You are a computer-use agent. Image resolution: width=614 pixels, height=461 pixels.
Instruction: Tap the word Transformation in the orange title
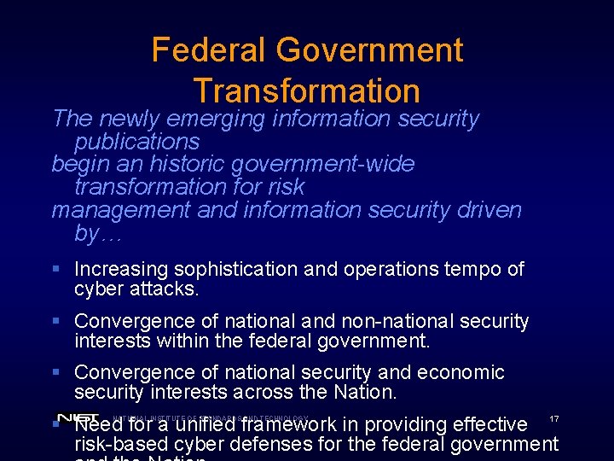pyautogui.click(x=307, y=90)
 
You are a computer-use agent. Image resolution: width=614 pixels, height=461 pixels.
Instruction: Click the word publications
pyautogui.click(x=136, y=141)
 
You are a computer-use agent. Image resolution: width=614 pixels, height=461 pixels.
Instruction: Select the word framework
pyautogui.click(x=290, y=424)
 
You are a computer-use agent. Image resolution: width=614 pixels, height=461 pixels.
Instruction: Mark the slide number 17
pyautogui.click(x=553, y=418)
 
